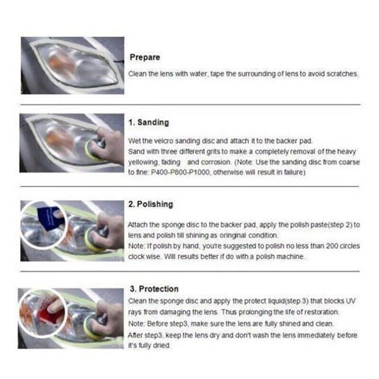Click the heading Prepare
pos(145,57)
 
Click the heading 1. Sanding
pos(148,122)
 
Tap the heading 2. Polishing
pos(151,204)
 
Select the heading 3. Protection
pos(154,289)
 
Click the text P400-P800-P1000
pos(180,172)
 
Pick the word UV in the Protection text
pos(351,301)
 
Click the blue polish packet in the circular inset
pos(48,216)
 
